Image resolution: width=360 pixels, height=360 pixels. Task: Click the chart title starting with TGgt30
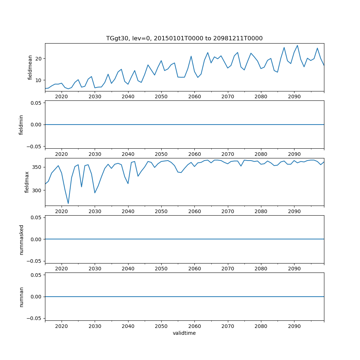(184, 38)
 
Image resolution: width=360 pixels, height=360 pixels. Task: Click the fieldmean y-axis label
(30, 67)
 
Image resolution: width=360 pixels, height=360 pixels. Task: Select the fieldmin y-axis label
(21, 125)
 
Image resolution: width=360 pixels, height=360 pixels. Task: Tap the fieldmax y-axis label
(27, 182)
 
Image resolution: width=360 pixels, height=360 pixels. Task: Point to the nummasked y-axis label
(21, 239)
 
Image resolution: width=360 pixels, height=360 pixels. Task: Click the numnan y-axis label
(21, 297)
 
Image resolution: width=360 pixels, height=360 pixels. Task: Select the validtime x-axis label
(184, 333)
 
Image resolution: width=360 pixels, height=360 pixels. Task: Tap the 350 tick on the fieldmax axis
(37, 167)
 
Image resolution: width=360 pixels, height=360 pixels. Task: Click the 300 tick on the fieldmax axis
(37, 190)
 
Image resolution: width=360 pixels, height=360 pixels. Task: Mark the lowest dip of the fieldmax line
(68, 203)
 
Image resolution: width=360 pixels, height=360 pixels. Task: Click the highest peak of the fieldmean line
(297, 45)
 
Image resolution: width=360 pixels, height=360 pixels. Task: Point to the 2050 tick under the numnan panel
(161, 327)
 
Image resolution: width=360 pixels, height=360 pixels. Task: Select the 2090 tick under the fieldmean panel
(294, 97)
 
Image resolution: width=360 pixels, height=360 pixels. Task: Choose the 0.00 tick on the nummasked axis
(36, 239)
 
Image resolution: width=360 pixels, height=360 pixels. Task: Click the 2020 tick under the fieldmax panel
(62, 212)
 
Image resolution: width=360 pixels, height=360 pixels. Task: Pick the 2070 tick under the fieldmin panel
(228, 155)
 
